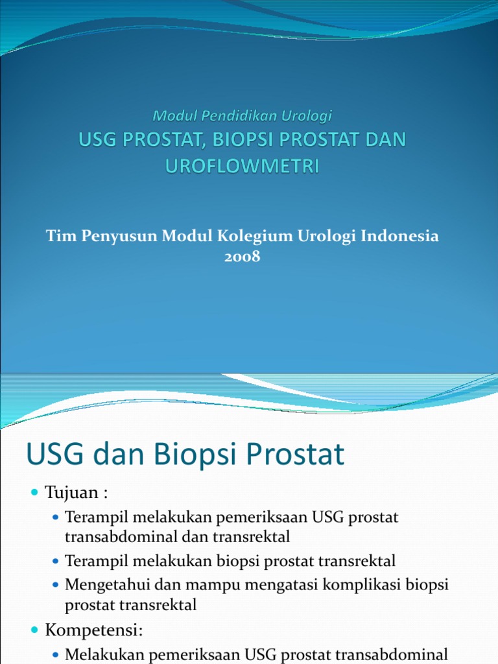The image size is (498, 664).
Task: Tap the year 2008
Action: pos(242,257)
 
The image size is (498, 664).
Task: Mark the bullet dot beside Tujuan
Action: pos(35,493)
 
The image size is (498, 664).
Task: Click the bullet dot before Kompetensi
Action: pos(35,629)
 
